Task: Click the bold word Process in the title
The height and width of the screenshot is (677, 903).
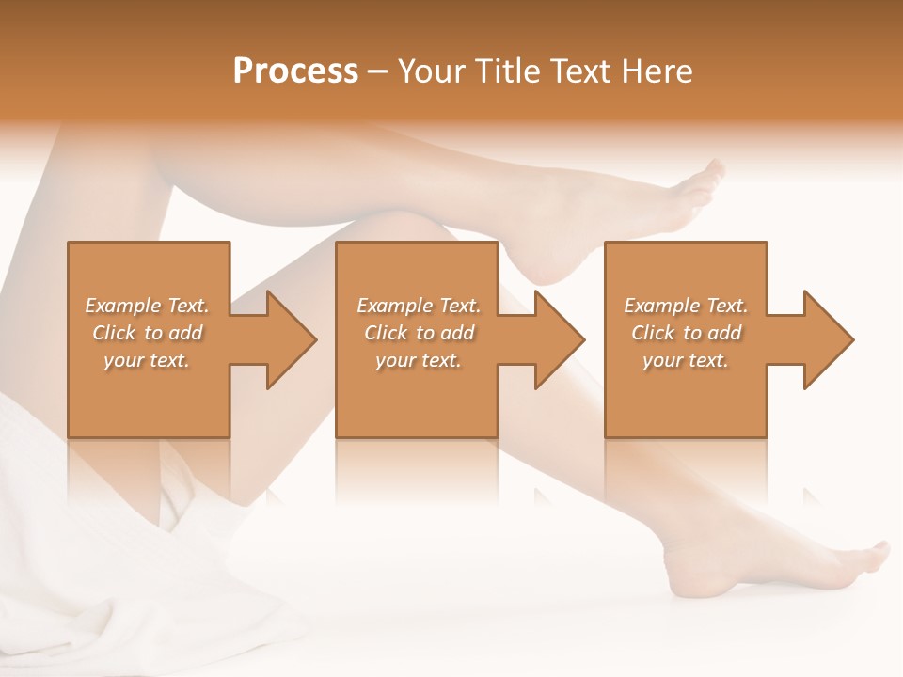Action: [295, 71]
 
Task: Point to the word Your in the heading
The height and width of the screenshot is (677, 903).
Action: [432, 71]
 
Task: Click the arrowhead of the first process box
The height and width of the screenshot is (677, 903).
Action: [287, 339]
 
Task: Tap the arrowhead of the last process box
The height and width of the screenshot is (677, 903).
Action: [824, 339]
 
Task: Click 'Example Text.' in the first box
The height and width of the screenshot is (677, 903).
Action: [148, 306]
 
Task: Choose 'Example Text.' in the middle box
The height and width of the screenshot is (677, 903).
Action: [419, 306]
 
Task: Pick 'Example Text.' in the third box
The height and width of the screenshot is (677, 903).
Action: [686, 306]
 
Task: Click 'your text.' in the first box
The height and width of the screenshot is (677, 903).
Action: [147, 360]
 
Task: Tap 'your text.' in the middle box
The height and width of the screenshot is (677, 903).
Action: [419, 360]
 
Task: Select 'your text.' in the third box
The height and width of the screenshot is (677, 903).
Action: [686, 360]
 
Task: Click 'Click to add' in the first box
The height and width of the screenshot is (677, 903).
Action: [148, 333]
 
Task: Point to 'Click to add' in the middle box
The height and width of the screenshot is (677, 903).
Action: [419, 333]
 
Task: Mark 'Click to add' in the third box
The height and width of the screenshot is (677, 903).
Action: [686, 333]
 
